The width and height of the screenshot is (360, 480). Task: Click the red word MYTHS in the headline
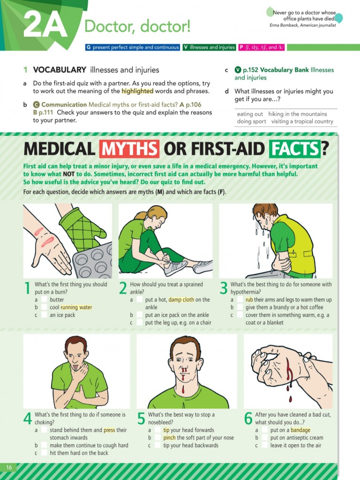[x=129, y=149]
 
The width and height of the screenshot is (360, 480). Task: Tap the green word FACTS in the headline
[x=294, y=149]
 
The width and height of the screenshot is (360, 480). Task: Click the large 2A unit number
[x=45, y=26]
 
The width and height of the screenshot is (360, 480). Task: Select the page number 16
[x=9, y=467]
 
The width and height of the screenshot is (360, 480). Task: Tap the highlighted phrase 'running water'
[x=76, y=307]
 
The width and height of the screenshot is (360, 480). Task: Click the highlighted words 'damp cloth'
[x=182, y=300]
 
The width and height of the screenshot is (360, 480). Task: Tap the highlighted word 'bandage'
[x=300, y=430]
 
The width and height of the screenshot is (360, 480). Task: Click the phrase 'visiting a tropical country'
[x=302, y=121]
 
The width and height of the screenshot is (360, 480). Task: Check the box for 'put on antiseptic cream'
[x=264, y=438]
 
